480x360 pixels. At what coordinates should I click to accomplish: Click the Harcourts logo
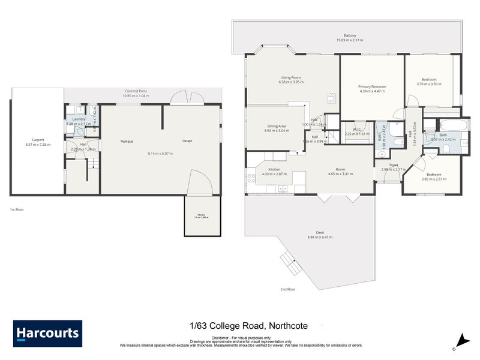click(x=48, y=334)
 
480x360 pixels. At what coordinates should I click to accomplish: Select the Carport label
click(x=37, y=141)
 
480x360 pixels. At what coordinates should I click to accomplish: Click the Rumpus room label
click(x=126, y=141)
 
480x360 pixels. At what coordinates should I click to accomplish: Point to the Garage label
click(x=187, y=141)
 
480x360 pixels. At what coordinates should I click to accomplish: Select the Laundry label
click(x=79, y=119)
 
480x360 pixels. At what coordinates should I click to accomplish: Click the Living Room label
click(x=291, y=77)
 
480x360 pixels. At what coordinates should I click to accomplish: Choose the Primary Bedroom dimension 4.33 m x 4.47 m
click(x=373, y=92)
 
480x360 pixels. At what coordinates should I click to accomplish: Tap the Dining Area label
click(x=277, y=126)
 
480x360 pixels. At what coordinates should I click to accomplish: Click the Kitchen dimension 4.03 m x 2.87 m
click(x=274, y=174)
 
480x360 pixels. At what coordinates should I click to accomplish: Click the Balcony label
click(x=350, y=35)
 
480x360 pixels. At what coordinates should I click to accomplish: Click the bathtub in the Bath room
click(x=449, y=125)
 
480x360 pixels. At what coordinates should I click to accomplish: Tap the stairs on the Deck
click(x=288, y=260)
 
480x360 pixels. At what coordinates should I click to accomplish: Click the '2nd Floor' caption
click(x=288, y=289)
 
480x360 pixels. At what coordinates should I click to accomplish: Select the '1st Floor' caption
click(x=17, y=209)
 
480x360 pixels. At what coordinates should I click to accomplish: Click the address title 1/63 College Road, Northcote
click(x=248, y=326)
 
